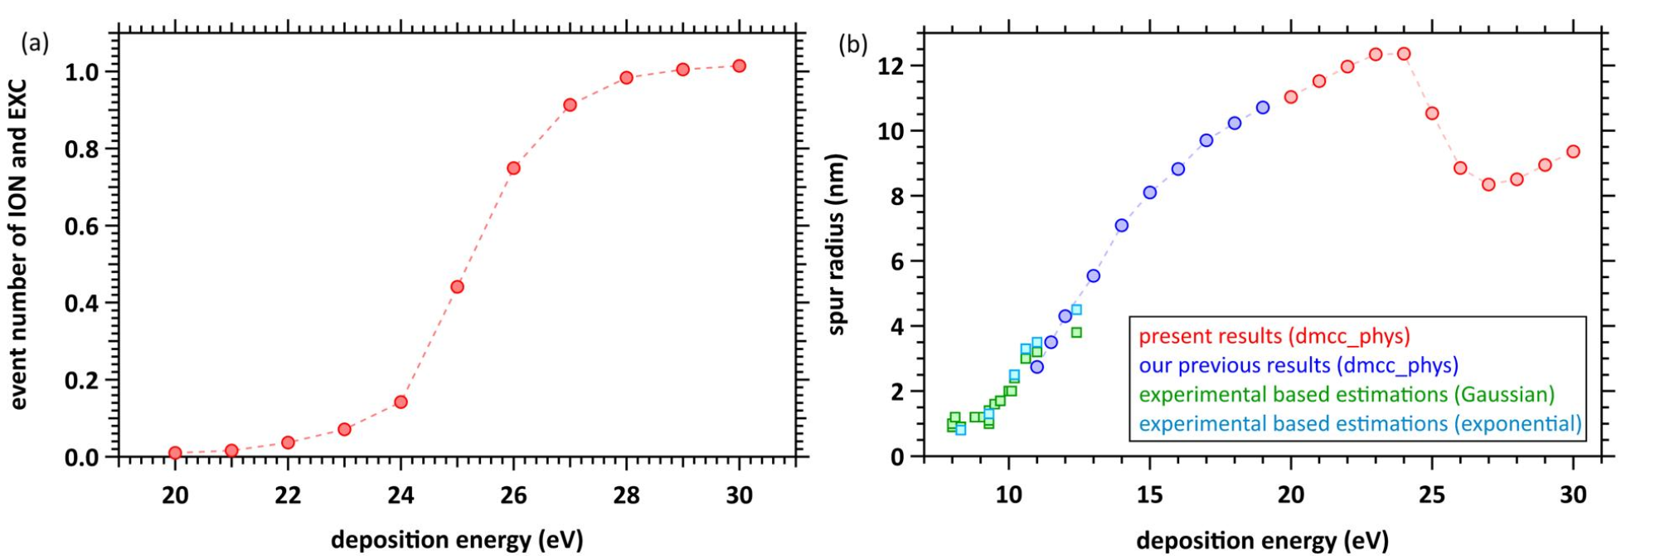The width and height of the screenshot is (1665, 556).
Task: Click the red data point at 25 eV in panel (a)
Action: tap(457, 287)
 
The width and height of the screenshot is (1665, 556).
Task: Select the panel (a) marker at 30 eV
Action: tap(739, 66)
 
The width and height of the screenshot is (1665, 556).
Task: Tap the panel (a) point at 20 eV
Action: tap(175, 453)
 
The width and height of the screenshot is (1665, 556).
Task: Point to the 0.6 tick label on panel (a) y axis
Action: tap(83, 227)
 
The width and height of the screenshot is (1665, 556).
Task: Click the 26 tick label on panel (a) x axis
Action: tap(513, 495)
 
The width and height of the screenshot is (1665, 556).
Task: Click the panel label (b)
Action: tap(853, 44)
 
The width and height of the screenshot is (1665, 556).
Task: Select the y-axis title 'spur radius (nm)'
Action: tap(837, 244)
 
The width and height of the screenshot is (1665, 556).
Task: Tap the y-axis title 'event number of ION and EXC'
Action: tap(18, 244)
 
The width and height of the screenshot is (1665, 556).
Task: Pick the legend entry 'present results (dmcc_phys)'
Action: tap(1274, 336)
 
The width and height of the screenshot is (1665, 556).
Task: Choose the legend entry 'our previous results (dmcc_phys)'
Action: tap(1298, 365)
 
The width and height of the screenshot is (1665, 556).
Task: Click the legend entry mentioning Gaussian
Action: tap(1347, 394)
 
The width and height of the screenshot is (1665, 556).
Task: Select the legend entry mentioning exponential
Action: tap(1360, 424)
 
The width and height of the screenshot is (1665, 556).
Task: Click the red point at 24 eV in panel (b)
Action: tap(1404, 54)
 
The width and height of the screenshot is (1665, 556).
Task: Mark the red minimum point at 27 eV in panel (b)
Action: tap(1488, 184)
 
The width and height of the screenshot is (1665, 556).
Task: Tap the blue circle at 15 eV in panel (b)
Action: tap(1149, 193)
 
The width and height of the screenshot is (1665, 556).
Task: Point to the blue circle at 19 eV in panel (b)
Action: tap(1263, 107)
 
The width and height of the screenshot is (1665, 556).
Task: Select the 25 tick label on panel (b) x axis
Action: tap(1432, 495)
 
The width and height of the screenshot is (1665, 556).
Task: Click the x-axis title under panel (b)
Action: tap(1262, 541)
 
